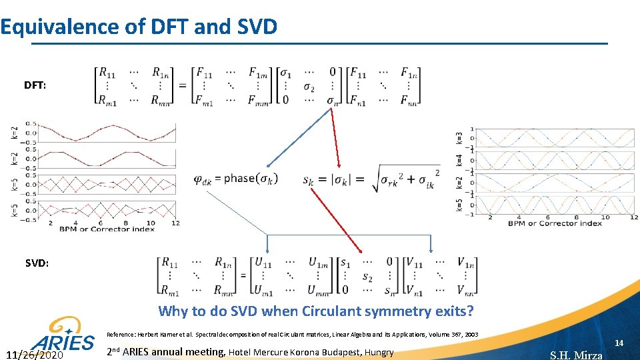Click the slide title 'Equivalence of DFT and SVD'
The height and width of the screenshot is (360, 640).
click(x=139, y=27)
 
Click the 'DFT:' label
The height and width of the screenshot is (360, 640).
click(x=35, y=86)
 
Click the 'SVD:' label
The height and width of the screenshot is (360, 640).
click(x=37, y=263)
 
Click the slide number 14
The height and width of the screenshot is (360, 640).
click(x=618, y=343)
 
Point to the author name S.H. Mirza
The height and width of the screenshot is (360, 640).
click(x=576, y=355)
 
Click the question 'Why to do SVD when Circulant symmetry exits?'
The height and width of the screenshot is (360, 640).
click(x=316, y=311)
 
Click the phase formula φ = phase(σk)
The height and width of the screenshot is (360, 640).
click(x=235, y=179)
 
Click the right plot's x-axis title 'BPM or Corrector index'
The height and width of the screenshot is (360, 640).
click(x=555, y=223)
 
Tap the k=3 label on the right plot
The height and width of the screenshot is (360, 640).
click(x=459, y=138)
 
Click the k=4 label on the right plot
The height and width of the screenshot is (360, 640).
click(x=459, y=160)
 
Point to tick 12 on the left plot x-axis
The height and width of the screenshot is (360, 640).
click(x=175, y=223)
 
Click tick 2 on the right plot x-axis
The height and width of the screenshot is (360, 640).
click(x=491, y=217)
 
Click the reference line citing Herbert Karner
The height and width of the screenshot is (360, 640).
click(x=292, y=335)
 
